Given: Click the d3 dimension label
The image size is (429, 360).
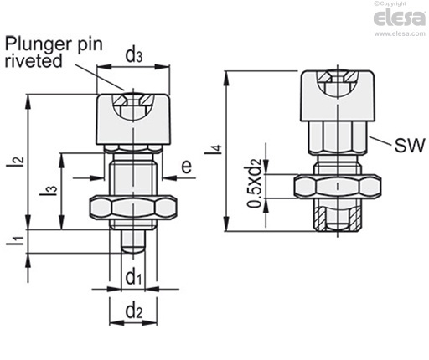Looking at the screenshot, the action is click(x=134, y=55).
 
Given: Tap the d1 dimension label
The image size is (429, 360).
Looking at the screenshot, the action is click(x=133, y=277).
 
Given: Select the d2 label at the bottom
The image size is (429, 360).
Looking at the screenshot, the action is click(x=134, y=311).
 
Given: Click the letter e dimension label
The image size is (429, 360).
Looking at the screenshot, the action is click(x=187, y=167).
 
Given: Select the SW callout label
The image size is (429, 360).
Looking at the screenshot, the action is click(x=410, y=145).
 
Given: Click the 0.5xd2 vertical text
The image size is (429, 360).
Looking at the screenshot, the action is click(x=255, y=183).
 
